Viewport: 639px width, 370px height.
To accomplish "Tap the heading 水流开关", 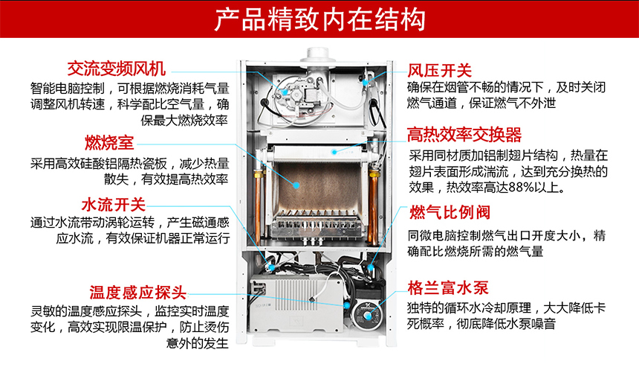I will click(x=113, y=204).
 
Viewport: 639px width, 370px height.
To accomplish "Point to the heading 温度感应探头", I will click(x=137, y=291).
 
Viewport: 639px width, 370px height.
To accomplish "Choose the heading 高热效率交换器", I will click(x=464, y=135).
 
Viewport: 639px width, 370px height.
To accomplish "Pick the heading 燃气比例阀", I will click(x=449, y=213).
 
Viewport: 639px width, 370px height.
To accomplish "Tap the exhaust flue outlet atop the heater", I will click(x=319, y=55).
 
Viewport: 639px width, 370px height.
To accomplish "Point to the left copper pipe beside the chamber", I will click(x=260, y=190).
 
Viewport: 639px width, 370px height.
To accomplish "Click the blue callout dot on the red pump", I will click(x=347, y=304).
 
